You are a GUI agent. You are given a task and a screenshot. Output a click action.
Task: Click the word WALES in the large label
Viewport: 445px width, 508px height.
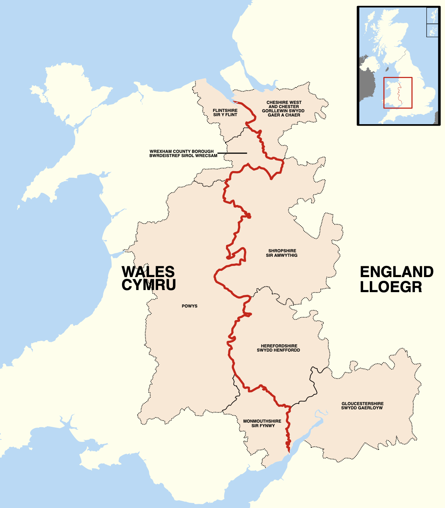tap(148, 272)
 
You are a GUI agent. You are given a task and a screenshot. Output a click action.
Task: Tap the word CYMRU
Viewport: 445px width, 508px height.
tap(148, 285)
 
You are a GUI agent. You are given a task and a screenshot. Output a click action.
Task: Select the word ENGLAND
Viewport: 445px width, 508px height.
tap(396, 272)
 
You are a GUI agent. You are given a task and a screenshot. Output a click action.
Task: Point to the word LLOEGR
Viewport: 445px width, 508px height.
tap(391, 287)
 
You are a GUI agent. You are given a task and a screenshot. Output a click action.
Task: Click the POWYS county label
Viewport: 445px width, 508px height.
tap(190, 306)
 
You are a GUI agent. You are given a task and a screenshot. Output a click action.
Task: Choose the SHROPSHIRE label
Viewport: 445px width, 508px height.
tap(282, 251)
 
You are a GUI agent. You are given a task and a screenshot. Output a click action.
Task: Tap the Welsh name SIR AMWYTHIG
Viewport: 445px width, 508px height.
tap(282, 255)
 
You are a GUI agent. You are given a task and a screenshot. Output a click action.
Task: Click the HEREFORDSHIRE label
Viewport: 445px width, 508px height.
tap(279, 346)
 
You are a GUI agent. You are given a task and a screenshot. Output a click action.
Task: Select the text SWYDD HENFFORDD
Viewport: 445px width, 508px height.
tap(278, 350)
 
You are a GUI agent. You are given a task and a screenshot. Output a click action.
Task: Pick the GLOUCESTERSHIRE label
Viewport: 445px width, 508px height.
tap(362, 403)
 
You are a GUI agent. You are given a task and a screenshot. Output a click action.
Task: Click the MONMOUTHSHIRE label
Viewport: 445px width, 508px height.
tap(262, 421)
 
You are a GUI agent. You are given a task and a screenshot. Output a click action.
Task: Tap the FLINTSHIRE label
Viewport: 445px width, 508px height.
tap(225, 111)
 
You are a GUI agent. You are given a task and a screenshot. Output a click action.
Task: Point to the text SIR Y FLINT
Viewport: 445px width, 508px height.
tap(225, 115)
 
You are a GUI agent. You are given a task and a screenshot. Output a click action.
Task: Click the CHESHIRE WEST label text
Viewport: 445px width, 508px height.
tap(284, 103)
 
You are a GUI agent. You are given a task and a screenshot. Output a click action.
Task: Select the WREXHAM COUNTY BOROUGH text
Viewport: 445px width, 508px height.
tap(182, 151)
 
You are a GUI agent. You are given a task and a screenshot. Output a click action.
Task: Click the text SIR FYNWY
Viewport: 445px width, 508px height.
tap(263, 426)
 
